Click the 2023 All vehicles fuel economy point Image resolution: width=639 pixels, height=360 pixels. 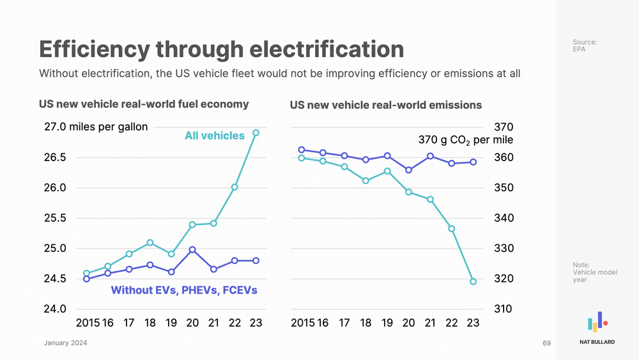click(x=256, y=133)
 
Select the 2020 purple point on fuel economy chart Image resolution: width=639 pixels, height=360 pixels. click(x=192, y=249)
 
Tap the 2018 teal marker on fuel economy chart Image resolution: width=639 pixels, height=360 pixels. click(x=150, y=242)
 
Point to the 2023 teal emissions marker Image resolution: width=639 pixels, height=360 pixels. click(x=473, y=281)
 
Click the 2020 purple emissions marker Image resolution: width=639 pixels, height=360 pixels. click(x=409, y=170)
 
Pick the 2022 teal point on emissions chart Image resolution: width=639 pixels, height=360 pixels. click(x=452, y=228)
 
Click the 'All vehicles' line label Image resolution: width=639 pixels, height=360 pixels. click(x=215, y=136)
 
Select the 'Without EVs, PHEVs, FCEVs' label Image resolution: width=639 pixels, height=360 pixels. click(x=184, y=290)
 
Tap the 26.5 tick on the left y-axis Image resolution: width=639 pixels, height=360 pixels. click(x=55, y=157)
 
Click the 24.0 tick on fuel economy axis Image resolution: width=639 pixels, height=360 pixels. click(x=55, y=309)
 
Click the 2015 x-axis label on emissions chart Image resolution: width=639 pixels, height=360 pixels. click(x=302, y=324)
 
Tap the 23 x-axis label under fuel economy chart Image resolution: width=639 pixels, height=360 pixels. click(x=256, y=324)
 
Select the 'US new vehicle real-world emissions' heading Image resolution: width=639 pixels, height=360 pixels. click(x=386, y=105)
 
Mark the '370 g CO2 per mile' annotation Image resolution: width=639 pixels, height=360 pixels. click(x=466, y=139)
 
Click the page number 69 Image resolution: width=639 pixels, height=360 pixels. click(x=546, y=344)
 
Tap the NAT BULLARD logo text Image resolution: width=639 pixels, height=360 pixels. click(x=597, y=342)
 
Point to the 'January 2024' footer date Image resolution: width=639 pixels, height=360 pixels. click(x=66, y=344)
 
